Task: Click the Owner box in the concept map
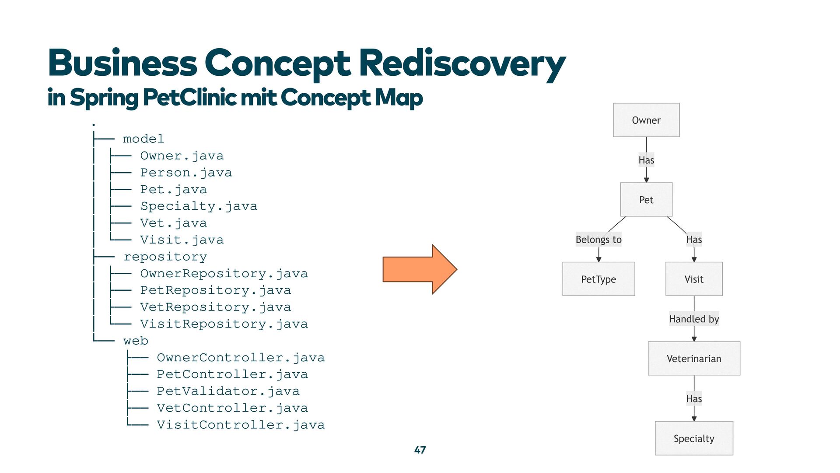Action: [646, 120]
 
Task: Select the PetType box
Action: [598, 279]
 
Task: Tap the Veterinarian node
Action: [694, 358]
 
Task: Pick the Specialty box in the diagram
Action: [694, 438]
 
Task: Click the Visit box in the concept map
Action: [694, 279]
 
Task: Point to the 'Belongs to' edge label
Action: [598, 240]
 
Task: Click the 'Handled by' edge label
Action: [694, 319]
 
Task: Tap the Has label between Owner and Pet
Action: [646, 160]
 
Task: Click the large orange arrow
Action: [420, 269]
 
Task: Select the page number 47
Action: [420, 450]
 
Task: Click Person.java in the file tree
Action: [186, 173]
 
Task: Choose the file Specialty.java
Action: [199, 206]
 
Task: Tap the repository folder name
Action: [165, 257]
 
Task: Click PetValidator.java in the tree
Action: [228, 391]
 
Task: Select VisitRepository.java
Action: [224, 324]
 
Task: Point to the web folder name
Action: [136, 341]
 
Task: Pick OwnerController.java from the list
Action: [241, 358]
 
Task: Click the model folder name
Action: [143, 139]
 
